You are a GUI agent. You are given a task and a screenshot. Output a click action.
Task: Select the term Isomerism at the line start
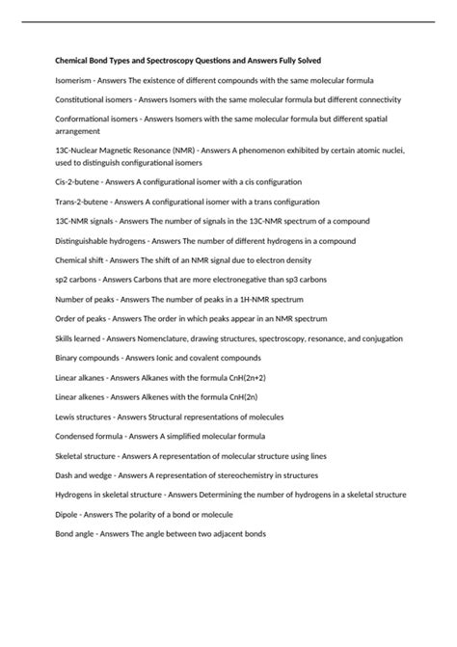75,80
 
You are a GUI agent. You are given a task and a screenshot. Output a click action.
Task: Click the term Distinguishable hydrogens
100,242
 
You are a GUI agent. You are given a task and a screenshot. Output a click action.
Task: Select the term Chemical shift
81,261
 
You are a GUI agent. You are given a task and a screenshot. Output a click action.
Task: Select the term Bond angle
75,536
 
